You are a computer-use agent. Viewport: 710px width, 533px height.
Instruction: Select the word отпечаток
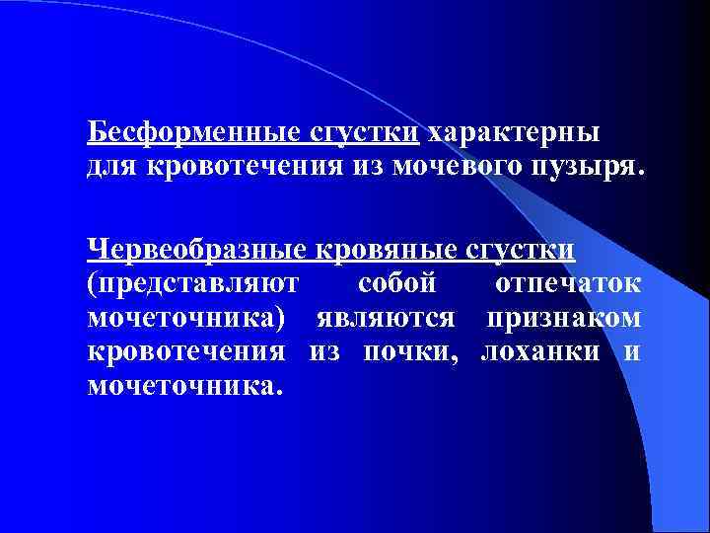[568, 284]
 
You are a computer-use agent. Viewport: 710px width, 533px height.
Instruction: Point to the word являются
[386, 318]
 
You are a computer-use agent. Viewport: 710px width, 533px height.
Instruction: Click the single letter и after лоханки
[632, 352]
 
